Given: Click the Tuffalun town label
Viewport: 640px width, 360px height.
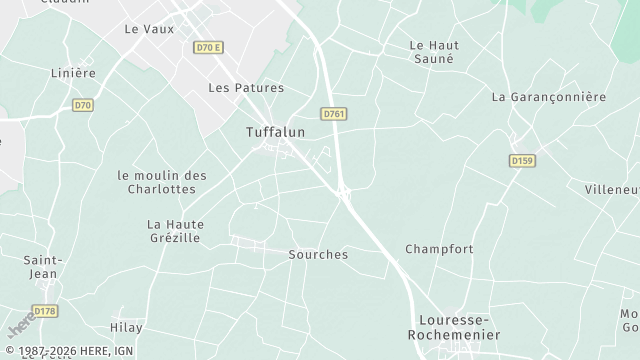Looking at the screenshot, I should [275, 132].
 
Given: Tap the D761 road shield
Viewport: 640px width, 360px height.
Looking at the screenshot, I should [334, 114].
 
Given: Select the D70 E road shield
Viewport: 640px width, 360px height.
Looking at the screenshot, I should [207, 47].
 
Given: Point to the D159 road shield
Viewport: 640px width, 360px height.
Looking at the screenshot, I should [521, 160].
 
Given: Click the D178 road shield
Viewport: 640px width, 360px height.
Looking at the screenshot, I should [45, 312].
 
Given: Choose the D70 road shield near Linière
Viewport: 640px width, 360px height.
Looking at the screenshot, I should [83, 103].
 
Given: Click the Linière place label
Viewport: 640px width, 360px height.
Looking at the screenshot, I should [73, 73].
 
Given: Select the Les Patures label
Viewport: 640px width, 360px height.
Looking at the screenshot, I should [245, 88].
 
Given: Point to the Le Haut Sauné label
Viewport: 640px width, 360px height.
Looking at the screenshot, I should [432, 52].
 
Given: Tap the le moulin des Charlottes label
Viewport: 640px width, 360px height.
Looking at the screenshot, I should [162, 182].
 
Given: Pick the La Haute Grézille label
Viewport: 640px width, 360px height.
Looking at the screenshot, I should [174, 231].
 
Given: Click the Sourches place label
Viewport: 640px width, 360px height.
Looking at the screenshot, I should [318, 255].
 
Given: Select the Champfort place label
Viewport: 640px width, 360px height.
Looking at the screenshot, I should [439, 248].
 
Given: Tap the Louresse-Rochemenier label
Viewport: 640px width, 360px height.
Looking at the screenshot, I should [458, 328].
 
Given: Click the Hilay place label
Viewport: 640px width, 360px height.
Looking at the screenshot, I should [126, 328].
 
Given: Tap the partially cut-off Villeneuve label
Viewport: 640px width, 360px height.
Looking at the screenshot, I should [612, 189].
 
